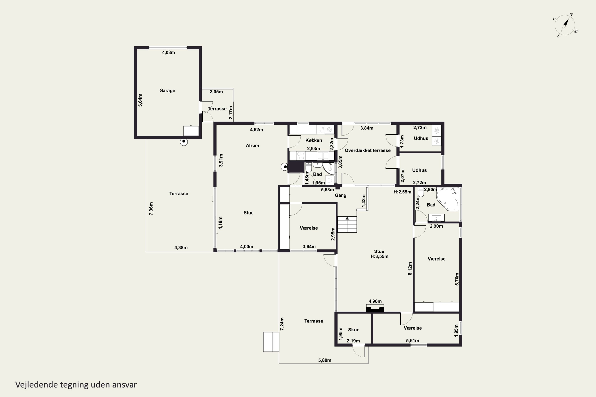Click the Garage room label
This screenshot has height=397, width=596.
click(x=167, y=90)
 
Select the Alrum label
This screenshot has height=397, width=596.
click(x=252, y=145)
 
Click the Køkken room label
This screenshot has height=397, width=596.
click(x=313, y=140)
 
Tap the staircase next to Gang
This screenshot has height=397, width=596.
click(x=347, y=224)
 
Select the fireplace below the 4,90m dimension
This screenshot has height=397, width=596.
click(x=375, y=308)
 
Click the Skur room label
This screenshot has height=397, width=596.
click(x=353, y=330)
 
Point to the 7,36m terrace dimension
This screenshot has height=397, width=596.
click(x=151, y=209)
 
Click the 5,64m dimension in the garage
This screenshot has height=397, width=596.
click(x=140, y=100)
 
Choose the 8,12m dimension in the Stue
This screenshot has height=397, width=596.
click(x=410, y=268)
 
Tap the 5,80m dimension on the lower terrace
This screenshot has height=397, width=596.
click(x=325, y=360)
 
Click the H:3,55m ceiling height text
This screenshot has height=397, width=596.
click(x=379, y=256)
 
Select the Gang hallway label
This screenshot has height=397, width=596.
click(x=340, y=195)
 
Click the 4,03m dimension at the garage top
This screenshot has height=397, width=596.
click(x=168, y=52)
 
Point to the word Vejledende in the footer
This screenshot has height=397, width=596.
click(x=37, y=385)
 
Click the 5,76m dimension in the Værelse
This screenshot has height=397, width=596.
click(x=457, y=279)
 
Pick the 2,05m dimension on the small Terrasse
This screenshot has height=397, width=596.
click(x=216, y=92)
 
